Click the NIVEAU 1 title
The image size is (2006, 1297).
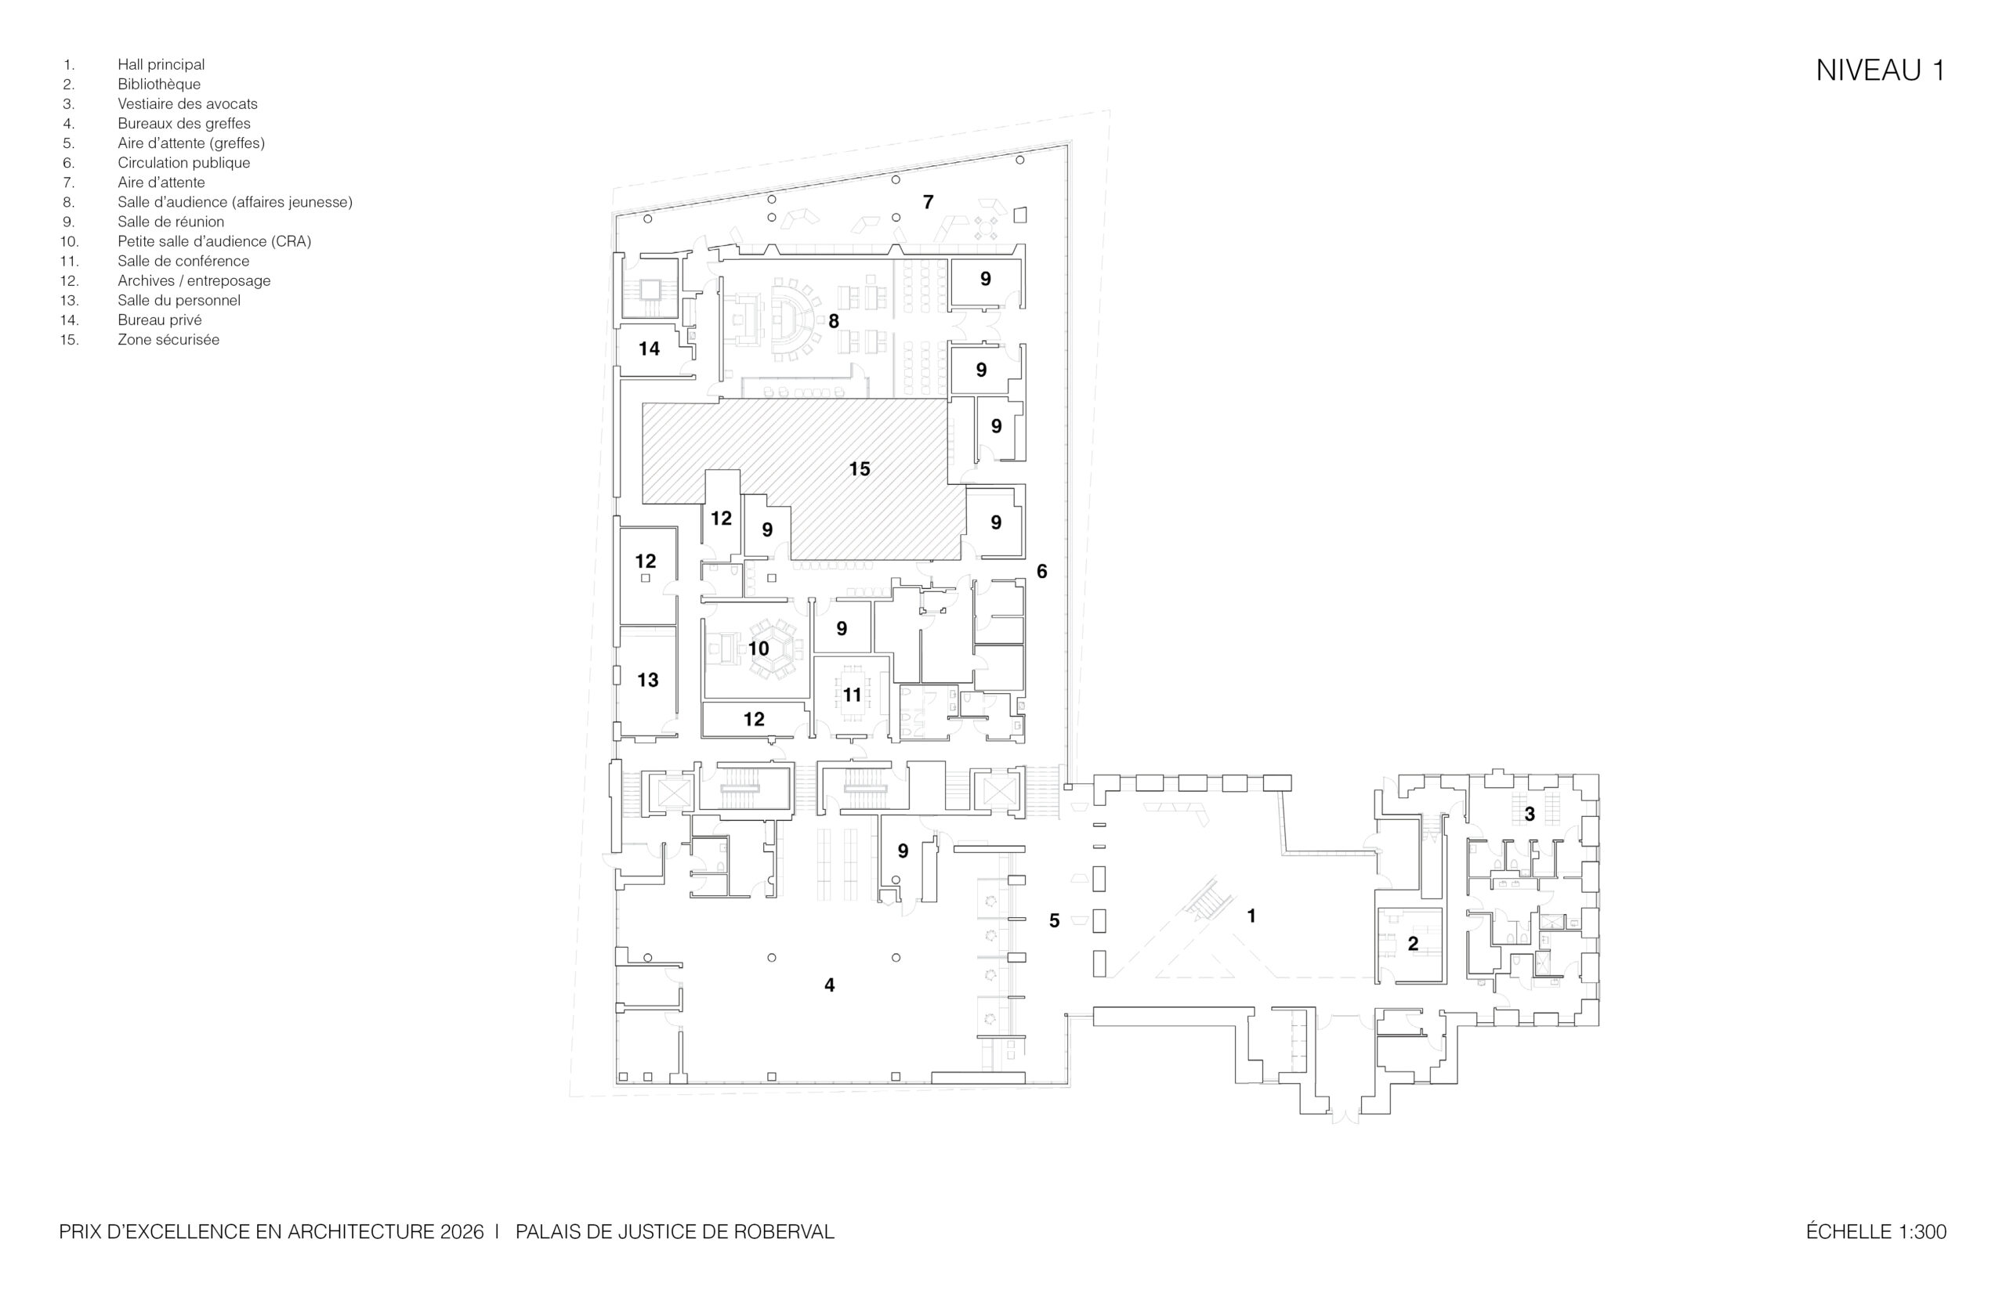tap(1880, 70)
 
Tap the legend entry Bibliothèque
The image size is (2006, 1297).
tap(159, 85)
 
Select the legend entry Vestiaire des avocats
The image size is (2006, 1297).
tap(188, 103)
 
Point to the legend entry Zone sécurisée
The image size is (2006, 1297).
tap(168, 339)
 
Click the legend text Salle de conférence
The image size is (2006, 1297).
tap(183, 261)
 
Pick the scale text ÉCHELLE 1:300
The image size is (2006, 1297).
tap(1876, 1231)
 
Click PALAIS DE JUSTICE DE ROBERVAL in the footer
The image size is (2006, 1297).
tap(675, 1231)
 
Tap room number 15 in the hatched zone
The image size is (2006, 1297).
tap(860, 469)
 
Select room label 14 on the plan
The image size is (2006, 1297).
tap(649, 349)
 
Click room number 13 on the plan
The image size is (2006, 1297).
tap(648, 680)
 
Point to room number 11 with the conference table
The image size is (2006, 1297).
tap(853, 695)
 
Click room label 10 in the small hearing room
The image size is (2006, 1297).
tap(759, 648)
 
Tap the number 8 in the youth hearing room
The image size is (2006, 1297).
tap(834, 321)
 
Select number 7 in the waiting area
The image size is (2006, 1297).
tap(929, 202)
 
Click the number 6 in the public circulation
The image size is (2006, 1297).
tap(1042, 572)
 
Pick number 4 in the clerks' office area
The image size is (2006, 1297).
tap(830, 984)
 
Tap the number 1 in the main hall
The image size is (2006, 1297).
tap(1252, 916)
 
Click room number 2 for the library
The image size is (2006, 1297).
tap(1414, 944)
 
